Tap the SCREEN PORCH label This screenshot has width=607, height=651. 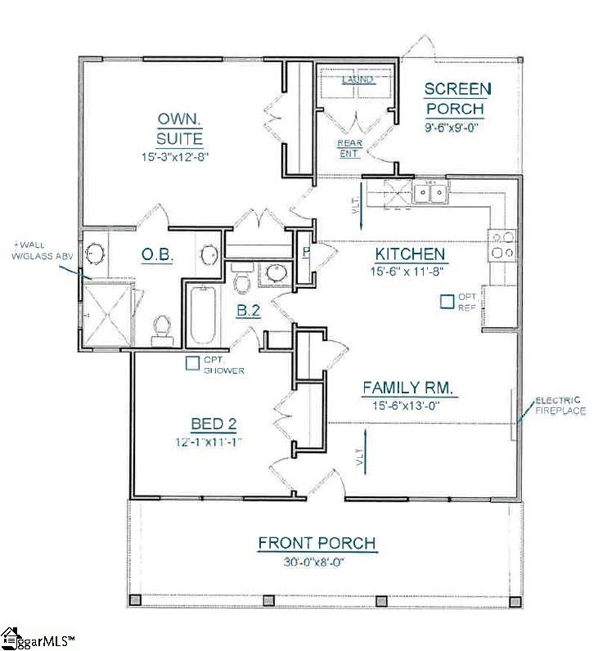pyautogui.click(x=456, y=98)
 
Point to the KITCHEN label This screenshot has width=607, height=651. pyautogui.click(x=410, y=254)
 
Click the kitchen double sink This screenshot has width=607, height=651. pyautogui.click(x=430, y=194)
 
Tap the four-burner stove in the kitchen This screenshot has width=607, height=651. pyautogui.click(x=502, y=245)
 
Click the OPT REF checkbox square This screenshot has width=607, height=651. pyautogui.click(x=447, y=301)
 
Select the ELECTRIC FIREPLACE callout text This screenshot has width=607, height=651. pyautogui.click(x=560, y=406)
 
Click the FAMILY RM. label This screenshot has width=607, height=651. pyautogui.click(x=408, y=387)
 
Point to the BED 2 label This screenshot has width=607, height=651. pyautogui.click(x=214, y=424)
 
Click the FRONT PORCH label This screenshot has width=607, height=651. pyautogui.click(x=317, y=543)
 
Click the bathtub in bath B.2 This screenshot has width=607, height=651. pyautogui.click(x=201, y=316)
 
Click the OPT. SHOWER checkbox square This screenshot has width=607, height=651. pyautogui.click(x=192, y=363)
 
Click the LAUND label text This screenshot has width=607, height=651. pyautogui.click(x=357, y=79)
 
